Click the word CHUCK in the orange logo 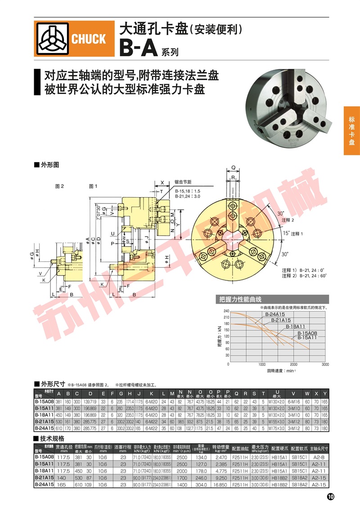click(x=89, y=39)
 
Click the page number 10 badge click(x=330, y=496)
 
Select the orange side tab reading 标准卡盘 click(x=351, y=131)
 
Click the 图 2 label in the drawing click(x=59, y=186)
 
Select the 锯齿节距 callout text click(x=183, y=182)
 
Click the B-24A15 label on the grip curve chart click(x=274, y=314)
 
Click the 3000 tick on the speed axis click(x=325, y=364)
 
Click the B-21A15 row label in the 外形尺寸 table click(x=44, y=421)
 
